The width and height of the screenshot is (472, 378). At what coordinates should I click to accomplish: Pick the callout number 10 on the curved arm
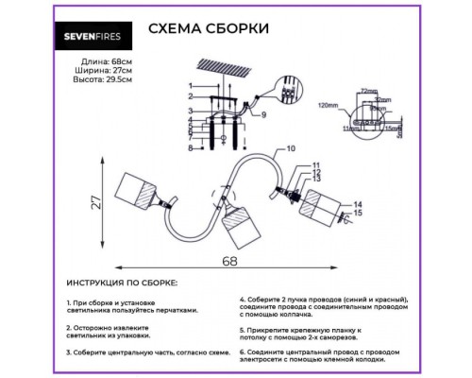tap(291, 149)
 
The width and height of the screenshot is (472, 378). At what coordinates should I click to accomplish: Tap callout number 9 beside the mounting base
tap(265, 115)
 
